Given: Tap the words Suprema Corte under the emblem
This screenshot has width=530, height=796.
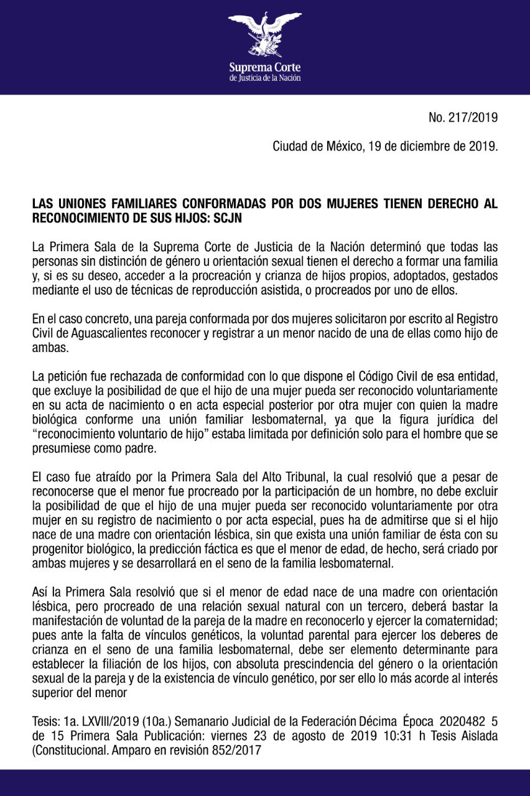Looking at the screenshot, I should [x=264, y=67].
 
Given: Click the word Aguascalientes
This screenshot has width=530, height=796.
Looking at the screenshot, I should [x=103, y=333].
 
